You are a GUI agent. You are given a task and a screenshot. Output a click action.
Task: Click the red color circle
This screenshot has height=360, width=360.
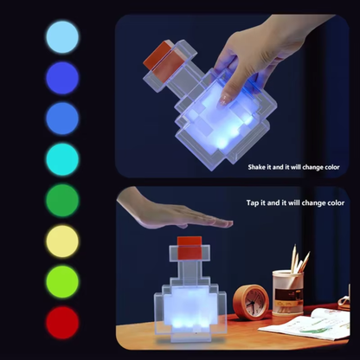coord(61,322)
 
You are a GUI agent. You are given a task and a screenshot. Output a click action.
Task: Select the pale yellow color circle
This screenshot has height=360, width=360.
coord(61,241)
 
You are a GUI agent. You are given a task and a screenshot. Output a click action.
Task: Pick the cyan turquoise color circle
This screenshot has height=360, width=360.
coord(61,160)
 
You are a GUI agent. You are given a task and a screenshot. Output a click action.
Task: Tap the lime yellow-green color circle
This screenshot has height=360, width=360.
coord(61,282)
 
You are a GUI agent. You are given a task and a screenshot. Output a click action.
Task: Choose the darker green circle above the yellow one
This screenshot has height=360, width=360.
coord(61,201)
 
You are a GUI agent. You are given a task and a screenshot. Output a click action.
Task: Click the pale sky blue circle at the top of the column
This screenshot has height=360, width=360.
coord(61,38)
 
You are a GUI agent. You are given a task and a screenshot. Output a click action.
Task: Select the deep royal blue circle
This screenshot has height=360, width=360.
coord(61,79)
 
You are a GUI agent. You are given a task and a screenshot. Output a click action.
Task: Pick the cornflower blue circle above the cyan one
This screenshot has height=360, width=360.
coord(61,119)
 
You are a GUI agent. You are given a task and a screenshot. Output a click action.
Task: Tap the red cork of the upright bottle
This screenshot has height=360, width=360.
coord(190,244)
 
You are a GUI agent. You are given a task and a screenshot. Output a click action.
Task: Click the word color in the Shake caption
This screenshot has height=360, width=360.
coord(330,166)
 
